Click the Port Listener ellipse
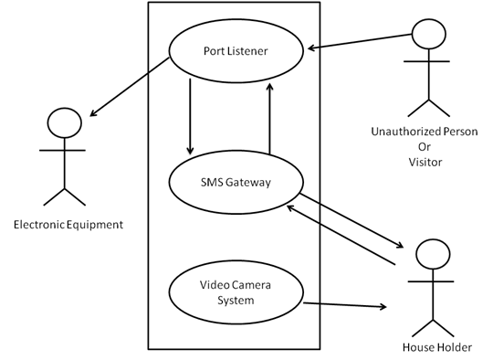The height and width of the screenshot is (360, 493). [235, 50]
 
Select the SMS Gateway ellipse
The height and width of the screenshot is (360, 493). [235, 183]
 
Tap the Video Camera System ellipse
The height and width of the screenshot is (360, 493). [235, 291]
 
